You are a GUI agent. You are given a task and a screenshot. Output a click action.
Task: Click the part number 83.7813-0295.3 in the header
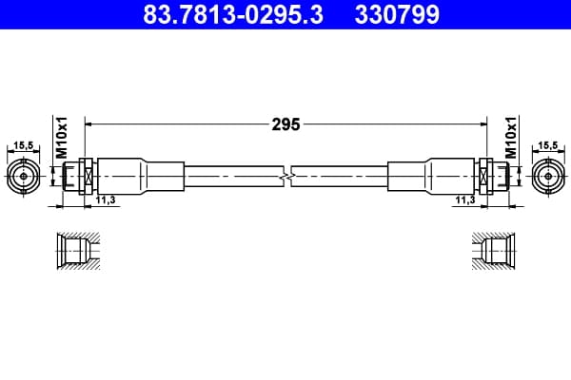[233, 14]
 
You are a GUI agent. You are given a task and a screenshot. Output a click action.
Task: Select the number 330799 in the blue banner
[397, 14]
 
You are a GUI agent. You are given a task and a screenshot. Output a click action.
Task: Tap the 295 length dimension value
[285, 124]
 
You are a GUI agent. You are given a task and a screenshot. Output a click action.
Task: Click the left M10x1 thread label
[62, 138]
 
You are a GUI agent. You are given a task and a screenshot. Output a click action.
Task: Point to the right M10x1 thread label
[511, 138]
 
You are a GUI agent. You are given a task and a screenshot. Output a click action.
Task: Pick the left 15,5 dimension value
[23, 145]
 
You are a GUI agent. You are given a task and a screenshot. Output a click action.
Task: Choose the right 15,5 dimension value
[548, 145]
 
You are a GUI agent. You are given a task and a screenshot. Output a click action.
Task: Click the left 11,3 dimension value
[106, 199]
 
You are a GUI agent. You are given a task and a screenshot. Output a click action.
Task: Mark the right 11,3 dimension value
[465, 199]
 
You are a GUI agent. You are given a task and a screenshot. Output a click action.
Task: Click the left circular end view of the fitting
[24, 177]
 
